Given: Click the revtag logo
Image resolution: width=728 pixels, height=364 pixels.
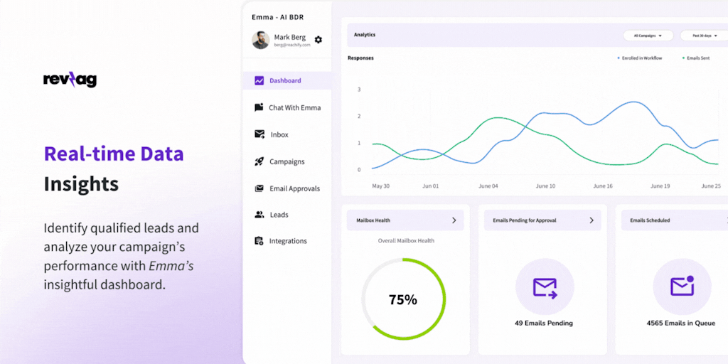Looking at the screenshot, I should click(70, 80).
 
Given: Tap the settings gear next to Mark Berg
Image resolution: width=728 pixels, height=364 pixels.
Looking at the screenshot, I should click(318, 40).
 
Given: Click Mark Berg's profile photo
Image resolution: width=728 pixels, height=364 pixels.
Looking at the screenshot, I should click(261, 40).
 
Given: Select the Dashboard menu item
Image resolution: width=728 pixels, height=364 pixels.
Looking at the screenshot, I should click(285, 81).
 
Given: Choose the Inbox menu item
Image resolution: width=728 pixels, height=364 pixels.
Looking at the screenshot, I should click(279, 134).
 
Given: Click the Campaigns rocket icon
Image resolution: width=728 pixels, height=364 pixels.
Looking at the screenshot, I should click(259, 161).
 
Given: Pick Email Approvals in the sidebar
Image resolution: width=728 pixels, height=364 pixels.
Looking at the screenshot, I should click(294, 188).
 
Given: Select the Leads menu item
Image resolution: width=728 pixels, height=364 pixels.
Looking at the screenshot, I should click(279, 215).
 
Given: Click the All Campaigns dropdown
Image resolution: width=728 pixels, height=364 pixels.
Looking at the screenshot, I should click(648, 35).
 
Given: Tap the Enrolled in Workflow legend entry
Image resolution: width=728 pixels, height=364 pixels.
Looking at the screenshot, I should click(641, 58).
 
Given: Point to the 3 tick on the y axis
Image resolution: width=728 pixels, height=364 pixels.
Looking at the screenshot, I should click(359, 90).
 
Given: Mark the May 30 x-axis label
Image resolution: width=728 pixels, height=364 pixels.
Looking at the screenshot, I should click(381, 186).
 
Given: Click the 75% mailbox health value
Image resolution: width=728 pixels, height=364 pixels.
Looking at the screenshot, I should click(403, 300).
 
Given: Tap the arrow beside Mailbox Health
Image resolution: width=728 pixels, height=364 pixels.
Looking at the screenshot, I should click(454, 220).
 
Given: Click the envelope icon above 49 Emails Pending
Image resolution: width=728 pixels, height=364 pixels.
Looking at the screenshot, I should click(545, 287).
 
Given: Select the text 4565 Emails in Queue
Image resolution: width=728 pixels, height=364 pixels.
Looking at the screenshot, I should click(681, 323).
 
